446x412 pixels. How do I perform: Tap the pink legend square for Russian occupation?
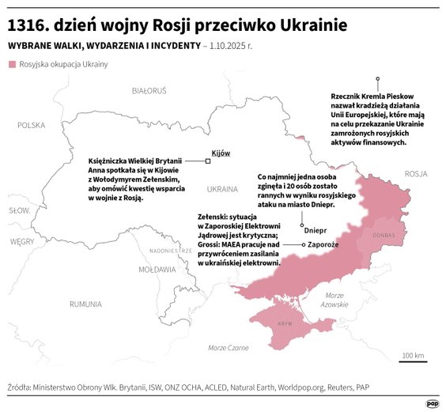pyautogui.click(x=12, y=64)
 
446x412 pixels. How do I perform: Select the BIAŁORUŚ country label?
pyautogui.click(x=149, y=91)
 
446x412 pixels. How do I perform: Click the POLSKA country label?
pyautogui.click(x=32, y=125)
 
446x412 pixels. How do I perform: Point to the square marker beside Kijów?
pyautogui.click(x=208, y=161)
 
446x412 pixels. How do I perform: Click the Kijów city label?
pyautogui.click(x=221, y=153)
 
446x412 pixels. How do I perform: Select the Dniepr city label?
pyautogui.click(x=316, y=233)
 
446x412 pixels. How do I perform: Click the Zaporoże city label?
pyautogui.click(x=324, y=245)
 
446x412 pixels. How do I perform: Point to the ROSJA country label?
pyautogui.click(x=415, y=174)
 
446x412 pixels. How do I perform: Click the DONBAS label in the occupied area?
pyautogui.click(x=384, y=235)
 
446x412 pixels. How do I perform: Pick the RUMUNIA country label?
pyautogui.click(x=85, y=304)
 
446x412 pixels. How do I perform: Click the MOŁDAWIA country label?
pyautogui.click(x=157, y=269)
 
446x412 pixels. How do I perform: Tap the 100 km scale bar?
pyautogui.click(x=413, y=358)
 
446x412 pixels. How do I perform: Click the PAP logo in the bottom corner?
pyautogui.click(x=432, y=403)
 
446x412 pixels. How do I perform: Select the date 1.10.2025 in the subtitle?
pyautogui.click(x=229, y=46)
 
